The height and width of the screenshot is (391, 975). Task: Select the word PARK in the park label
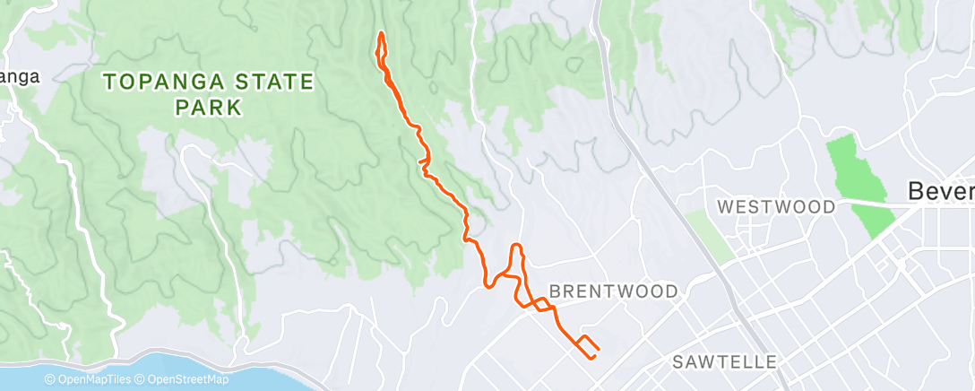[x=209, y=108]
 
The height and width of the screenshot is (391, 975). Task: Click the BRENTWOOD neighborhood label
[x=613, y=291]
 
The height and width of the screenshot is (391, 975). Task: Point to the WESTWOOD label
[x=776, y=207]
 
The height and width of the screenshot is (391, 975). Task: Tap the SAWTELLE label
[x=723, y=362]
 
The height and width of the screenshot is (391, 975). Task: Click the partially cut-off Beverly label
[x=940, y=191]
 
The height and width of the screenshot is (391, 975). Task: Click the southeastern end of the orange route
[x=591, y=357]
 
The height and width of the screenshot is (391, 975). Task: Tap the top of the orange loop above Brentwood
[x=516, y=245]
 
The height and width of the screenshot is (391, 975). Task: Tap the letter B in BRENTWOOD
[x=554, y=291]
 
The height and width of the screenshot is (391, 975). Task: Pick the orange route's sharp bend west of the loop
[x=487, y=285]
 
